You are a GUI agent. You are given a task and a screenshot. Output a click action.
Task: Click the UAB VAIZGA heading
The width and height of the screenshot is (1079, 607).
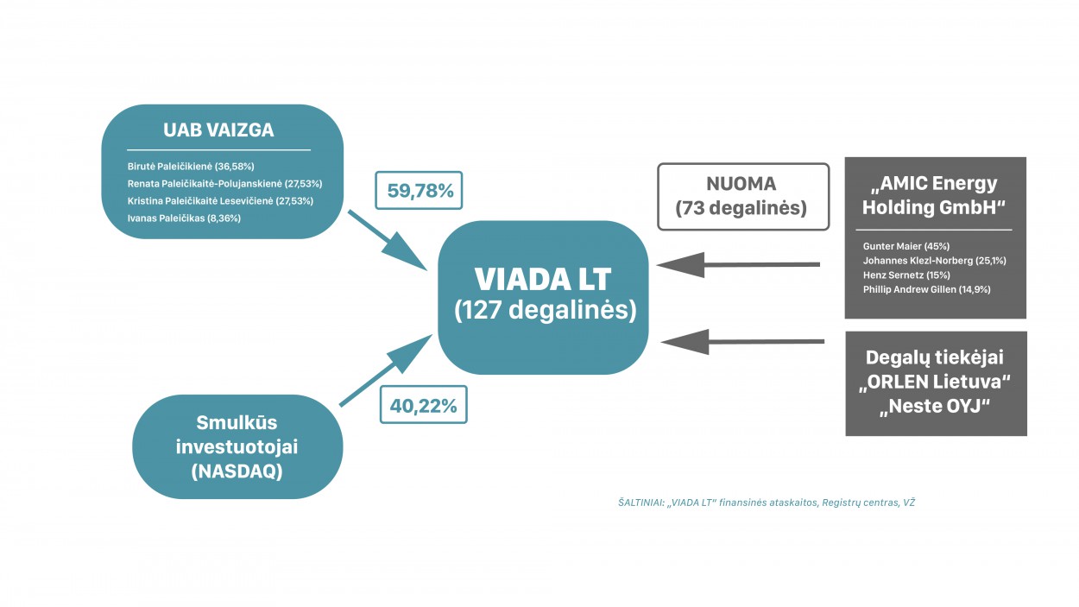point(218,130)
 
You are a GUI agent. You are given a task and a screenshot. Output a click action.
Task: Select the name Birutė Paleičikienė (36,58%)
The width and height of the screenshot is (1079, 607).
point(191,166)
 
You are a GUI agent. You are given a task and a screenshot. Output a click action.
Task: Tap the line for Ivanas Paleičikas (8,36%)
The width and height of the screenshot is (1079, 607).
point(184,218)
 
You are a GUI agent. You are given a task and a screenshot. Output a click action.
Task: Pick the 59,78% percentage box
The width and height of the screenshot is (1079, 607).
point(419,190)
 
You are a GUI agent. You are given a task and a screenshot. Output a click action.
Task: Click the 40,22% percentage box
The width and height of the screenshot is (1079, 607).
point(423,404)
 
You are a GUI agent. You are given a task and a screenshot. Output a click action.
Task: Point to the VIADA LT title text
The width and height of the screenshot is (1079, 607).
point(542,279)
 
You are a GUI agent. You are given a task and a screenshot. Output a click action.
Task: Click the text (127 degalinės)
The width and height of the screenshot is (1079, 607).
point(546,310)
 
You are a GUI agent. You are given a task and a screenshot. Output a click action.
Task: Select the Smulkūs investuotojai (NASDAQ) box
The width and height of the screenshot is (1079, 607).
point(238,446)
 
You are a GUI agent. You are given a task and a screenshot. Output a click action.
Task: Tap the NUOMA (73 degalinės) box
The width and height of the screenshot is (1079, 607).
point(742,196)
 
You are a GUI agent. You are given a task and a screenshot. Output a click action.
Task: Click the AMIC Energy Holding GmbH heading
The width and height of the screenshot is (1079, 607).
point(934,195)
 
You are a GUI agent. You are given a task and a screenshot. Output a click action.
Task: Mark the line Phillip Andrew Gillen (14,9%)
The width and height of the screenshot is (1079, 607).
point(926,289)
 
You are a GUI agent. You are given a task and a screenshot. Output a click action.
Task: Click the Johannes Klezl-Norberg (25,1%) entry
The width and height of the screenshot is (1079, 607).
point(934,260)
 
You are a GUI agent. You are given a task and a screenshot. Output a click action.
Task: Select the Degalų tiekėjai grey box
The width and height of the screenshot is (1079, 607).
point(936,383)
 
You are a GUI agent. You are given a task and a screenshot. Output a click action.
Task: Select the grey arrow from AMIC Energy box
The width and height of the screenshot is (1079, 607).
point(738,264)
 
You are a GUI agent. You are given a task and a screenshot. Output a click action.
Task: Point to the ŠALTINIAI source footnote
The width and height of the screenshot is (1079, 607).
point(766,502)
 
